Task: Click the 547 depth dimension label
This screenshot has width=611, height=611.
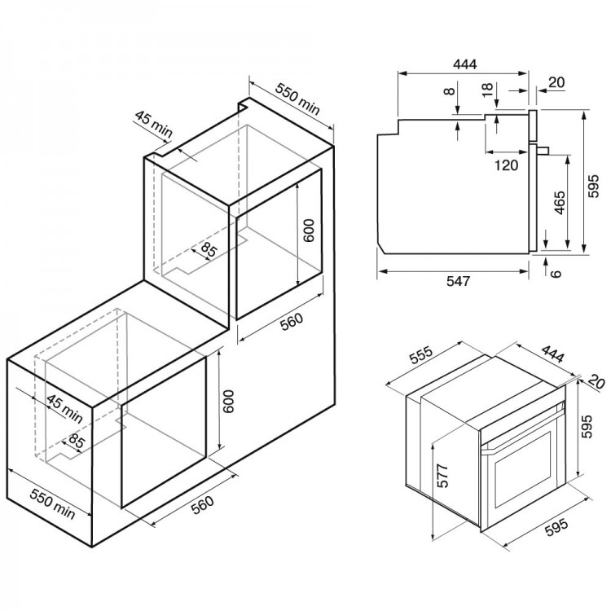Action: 458,281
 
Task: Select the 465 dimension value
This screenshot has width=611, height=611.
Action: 559,202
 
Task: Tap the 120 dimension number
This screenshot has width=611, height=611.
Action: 506,165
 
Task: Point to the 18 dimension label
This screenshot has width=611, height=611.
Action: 487,90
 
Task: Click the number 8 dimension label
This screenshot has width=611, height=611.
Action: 449,91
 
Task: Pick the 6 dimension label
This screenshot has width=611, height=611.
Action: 556,273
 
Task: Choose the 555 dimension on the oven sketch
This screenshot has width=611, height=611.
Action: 421,354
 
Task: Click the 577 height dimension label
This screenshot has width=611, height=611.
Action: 442,476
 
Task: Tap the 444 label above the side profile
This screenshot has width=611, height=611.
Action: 465,64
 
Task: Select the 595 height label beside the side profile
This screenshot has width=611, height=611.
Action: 593,187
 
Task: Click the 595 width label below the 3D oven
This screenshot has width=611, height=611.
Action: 557,528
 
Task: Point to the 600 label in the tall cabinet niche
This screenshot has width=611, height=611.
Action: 308,231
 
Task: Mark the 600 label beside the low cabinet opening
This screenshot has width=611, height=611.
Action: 228,402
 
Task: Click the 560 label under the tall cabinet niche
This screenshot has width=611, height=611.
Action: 292,322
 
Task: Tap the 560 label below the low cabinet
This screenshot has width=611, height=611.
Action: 204,505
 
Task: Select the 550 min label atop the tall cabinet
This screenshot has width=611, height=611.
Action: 297,99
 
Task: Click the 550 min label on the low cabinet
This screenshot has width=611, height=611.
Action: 52,504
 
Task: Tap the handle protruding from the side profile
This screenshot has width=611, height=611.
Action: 543,150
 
